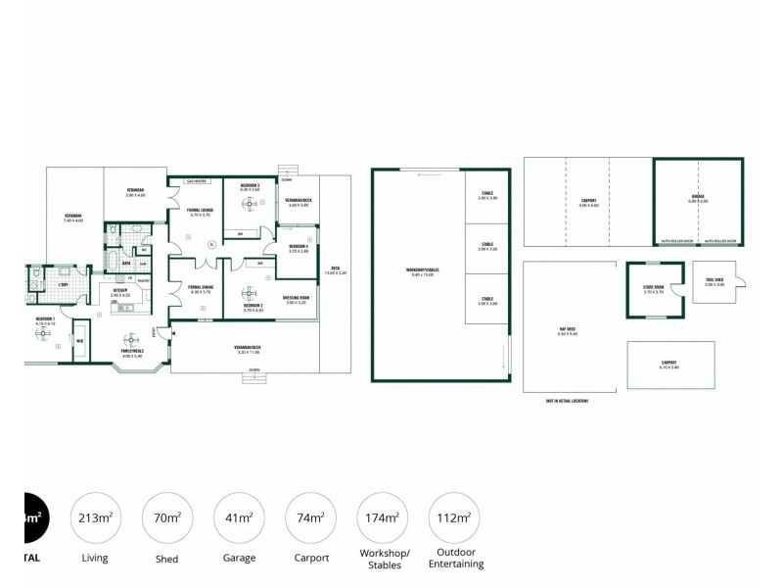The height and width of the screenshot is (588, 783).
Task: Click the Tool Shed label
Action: tap(714, 281)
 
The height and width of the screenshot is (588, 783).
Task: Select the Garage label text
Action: tap(696, 200)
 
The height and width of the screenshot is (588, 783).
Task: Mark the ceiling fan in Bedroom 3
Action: tap(250, 204)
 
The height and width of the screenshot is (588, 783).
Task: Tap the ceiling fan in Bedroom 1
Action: tap(43, 332)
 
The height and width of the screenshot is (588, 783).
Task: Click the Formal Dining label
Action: tap(200, 289)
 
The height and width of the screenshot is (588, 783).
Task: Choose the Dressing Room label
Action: tap(297, 300)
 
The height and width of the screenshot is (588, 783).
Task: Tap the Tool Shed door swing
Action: tap(744, 284)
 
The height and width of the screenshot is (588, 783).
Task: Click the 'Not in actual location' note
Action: tap(568, 400)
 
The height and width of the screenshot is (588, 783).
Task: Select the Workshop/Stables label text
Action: tap(419, 272)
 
